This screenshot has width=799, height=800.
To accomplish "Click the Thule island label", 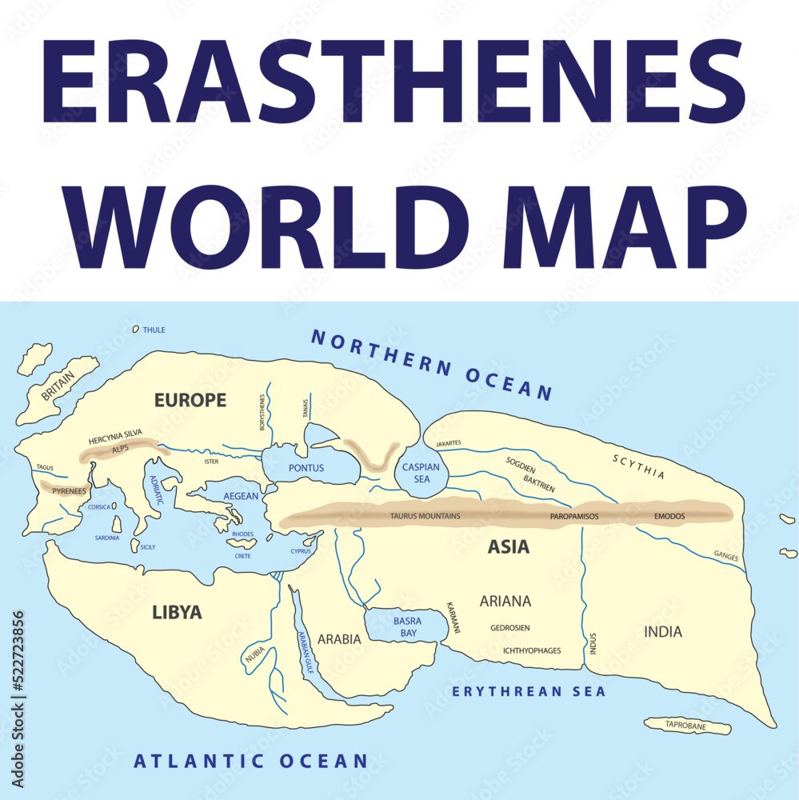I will pyautogui.click(x=154, y=330).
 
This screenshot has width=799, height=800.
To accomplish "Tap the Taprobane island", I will pyautogui.click(x=687, y=726).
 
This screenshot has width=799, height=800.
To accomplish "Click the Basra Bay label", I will pyautogui.click(x=405, y=626).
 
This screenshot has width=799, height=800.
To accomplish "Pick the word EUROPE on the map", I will pyautogui.click(x=190, y=400).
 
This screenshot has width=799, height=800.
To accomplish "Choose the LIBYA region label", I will pyautogui.click(x=177, y=614).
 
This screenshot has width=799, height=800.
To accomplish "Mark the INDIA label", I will pyautogui.click(x=663, y=632).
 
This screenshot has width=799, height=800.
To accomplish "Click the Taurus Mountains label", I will pyautogui.click(x=425, y=516).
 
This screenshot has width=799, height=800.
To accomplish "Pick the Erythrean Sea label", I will pyautogui.click(x=529, y=691).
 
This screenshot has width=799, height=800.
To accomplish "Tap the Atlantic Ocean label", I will pyautogui.click(x=250, y=761).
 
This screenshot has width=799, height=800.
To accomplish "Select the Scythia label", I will pyautogui.click(x=638, y=466).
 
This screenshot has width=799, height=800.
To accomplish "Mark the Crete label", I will pyautogui.click(x=242, y=556).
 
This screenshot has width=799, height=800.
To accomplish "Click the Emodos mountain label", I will pyautogui.click(x=669, y=516).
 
